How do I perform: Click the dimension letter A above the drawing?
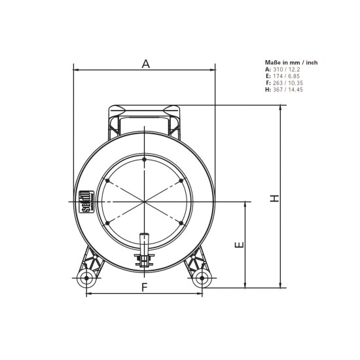click(x=145, y=63)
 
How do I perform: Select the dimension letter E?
click(x=240, y=245)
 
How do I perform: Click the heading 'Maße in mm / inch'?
click(x=291, y=63)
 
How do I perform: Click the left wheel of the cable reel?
click(x=85, y=279)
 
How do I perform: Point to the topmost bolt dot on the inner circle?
click(x=144, y=159)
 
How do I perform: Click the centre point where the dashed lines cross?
click(x=144, y=202)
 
